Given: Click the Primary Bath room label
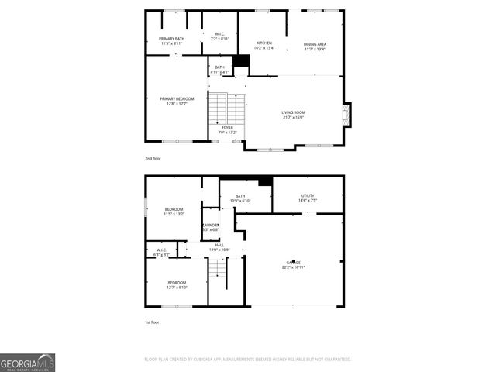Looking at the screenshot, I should point(171,41).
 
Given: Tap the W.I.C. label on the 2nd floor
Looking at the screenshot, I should point(219,36).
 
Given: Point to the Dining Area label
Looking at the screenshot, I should point(315,46).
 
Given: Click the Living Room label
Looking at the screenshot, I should point(293,115).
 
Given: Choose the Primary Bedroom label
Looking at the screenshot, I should point(177,101).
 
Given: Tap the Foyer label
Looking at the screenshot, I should point(227,129).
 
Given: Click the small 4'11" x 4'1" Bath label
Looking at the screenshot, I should point(219,70).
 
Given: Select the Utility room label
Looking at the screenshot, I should point(308,198).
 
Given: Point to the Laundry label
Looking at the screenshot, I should point(210,227).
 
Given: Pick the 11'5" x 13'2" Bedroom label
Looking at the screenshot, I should point(174,212).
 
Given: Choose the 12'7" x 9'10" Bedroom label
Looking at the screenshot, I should point(177,284).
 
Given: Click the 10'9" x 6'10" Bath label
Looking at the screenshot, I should point(240,198).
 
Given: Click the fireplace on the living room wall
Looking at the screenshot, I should point(346,115).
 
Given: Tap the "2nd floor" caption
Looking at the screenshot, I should point(153,158).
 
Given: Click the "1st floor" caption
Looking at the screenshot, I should point(152,322).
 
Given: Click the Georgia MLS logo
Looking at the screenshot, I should point(27,363).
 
